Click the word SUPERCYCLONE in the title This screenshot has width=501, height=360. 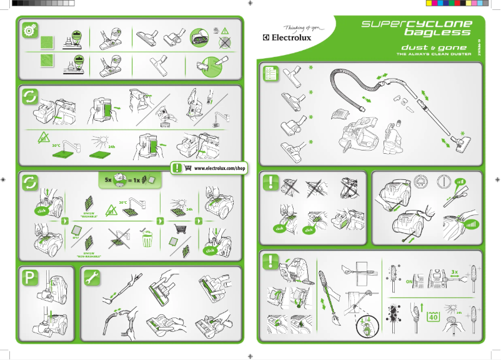click(417, 24)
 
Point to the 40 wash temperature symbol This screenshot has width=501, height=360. click(432, 316)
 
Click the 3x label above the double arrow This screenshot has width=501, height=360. click(455, 272)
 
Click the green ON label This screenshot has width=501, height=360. click(409, 282)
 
